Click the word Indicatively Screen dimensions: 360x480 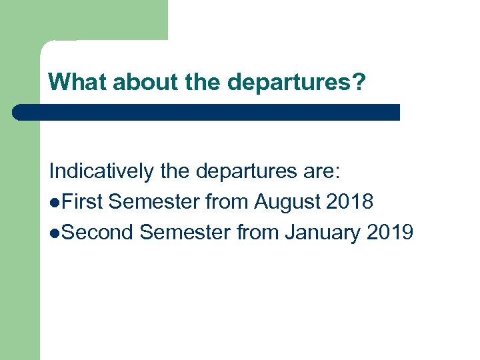coord(102,171)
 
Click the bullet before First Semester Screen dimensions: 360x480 coord(53,202)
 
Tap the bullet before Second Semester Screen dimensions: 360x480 coord(53,233)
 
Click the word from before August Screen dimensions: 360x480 coord(227,201)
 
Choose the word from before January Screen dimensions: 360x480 coord(260,232)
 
